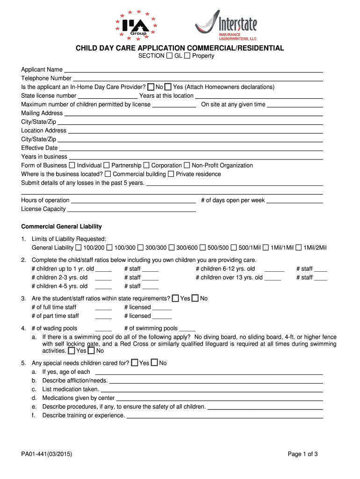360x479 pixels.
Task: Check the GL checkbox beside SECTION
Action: coord(169,56)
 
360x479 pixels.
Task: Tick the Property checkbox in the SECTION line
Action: coord(187,56)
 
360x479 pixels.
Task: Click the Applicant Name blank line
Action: coord(193,70)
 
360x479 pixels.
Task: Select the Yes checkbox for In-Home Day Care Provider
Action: coord(168,87)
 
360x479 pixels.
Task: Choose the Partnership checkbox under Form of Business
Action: coord(107,166)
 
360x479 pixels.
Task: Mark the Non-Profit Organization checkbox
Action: coord(187,166)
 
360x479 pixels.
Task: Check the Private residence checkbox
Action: coord(171,174)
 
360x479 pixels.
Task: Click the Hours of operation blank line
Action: coord(133,201)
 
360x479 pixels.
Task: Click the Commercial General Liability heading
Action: coord(61,226)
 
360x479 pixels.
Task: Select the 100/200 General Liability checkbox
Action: coord(79,247)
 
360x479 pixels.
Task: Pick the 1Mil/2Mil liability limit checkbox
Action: coord(298,247)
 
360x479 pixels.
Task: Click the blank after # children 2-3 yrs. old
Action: coord(103,278)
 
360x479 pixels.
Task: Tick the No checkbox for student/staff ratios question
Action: coord(195,298)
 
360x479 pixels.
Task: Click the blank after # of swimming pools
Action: coord(187,329)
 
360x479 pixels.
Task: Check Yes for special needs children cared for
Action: coord(135,363)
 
